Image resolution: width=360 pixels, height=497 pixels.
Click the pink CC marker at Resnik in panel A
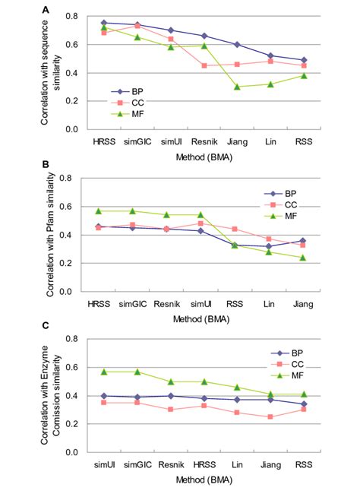click(x=204, y=65)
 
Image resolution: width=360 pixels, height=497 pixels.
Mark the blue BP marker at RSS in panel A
click(x=304, y=60)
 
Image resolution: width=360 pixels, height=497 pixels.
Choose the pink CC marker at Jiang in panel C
click(x=270, y=417)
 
